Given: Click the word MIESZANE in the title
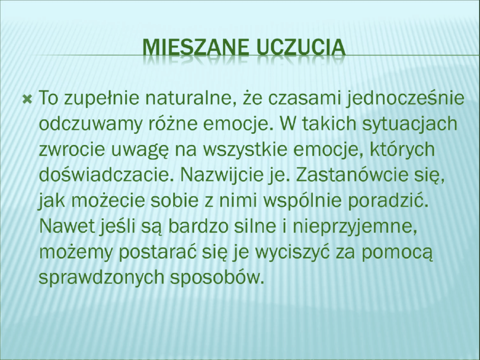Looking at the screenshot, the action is click(x=196, y=48).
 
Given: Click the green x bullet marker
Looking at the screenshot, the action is click(x=27, y=100).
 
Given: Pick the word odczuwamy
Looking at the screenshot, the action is click(x=90, y=124).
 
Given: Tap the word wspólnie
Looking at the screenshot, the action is click(x=303, y=202).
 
